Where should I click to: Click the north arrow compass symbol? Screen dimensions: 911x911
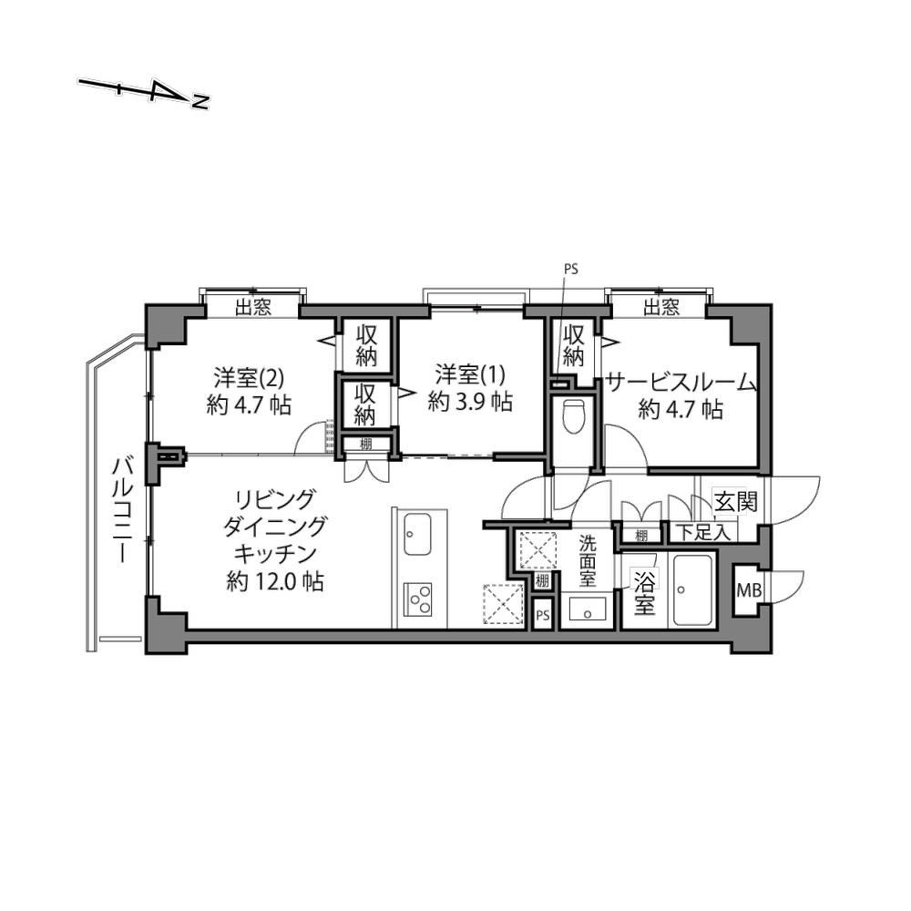coord(144,93)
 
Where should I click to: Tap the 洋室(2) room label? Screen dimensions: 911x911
coord(249,378)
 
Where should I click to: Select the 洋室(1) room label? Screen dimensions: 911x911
coord(471,374)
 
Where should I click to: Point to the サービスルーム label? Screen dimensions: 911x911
coord(681,384)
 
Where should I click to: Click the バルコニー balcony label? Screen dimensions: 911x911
coord(123,510)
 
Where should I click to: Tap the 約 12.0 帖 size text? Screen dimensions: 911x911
coord(275,581)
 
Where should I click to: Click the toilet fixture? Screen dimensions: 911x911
coord(573,416)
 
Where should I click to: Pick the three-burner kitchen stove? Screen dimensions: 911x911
coord(418,599)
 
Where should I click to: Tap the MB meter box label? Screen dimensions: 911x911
coord(748,591)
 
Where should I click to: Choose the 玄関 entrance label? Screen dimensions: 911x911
coord(735,501)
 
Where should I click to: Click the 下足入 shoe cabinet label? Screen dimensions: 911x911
coord(704,533)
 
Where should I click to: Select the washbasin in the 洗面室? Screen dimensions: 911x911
coord(587,612)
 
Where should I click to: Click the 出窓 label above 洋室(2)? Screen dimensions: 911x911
coord(252,307)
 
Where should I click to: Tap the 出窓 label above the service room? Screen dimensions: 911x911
coord(661,307)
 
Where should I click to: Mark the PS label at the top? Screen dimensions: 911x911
coord(571,269)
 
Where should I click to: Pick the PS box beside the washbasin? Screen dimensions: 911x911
coord(543,615)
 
